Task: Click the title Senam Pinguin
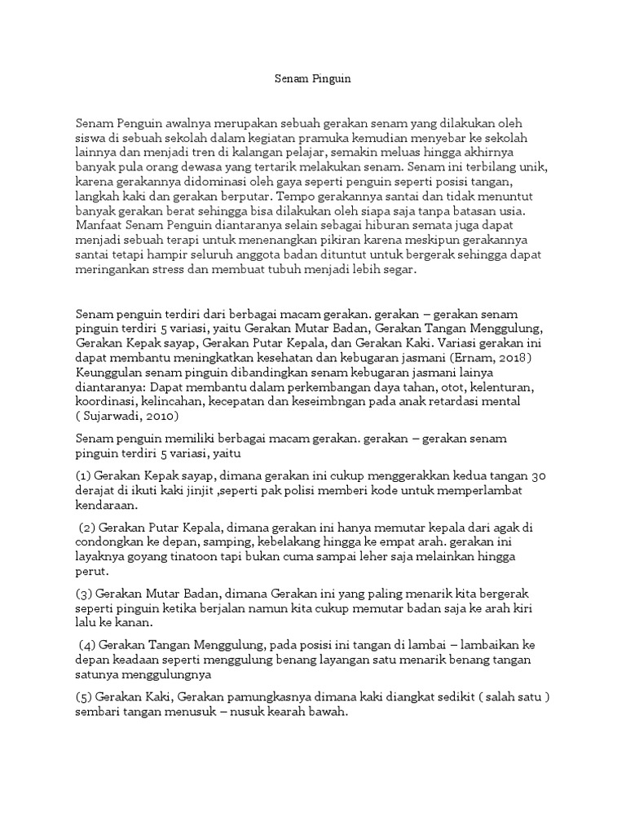pyautogui.click(x=312, y=79)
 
